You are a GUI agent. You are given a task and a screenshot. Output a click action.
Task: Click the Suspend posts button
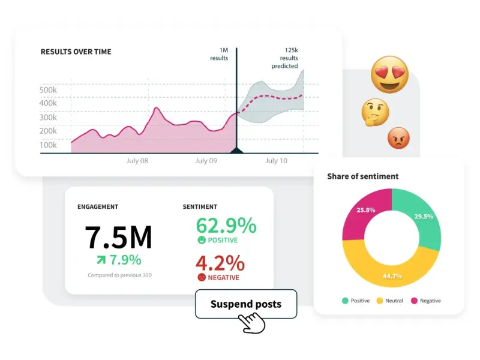click(x=246, y=304)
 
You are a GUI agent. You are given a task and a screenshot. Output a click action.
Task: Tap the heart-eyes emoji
click(x=389, y=74)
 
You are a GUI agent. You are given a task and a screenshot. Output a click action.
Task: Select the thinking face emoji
click(x=375, y=112)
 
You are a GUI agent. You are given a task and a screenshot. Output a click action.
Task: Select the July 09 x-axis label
click(x=206, y=161)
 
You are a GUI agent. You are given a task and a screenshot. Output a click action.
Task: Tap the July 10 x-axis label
click(x=276, y=161)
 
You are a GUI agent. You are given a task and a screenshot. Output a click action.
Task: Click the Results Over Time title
click(x=76, y=52)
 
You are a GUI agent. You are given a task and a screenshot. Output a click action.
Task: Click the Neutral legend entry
click(x=389, y=301)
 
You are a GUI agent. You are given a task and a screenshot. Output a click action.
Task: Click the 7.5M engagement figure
click(x=118, y=238)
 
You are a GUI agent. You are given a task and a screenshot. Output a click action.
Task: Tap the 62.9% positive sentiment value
click(x=226, y=226)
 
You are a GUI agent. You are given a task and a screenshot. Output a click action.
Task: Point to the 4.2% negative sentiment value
click(x=220, y=263)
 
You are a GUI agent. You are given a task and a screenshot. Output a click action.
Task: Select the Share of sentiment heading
click(x=362, y=176)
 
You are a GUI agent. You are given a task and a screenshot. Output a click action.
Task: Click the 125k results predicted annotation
click(x=286, y=59)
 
